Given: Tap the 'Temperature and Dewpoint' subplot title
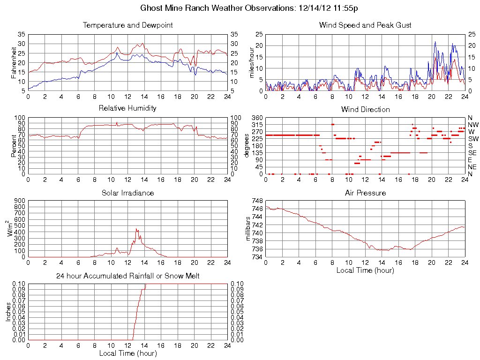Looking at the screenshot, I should tap(127, 25).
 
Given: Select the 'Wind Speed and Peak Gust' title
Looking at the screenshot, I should tap(365, 25).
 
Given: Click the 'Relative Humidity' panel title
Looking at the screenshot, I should tap(127, 108).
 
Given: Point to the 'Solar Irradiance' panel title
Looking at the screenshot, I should tap(127, 193).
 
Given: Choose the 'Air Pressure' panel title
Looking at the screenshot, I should tap(365, 193).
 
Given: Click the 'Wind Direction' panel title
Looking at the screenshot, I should tap(365, 109).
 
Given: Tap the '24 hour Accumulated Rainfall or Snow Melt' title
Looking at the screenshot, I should tap(127, 276).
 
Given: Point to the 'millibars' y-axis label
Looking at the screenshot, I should tap(249, 229).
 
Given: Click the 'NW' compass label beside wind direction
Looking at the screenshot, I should tap(472, 125).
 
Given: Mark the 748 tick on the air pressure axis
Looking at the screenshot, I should tap(257, 201).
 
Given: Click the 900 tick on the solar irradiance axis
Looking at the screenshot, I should tap(19, 201).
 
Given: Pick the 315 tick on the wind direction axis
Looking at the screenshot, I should tap(257, 125).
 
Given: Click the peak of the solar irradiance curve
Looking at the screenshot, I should tap(136, 229).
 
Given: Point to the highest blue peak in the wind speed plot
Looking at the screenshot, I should tap(435, 42).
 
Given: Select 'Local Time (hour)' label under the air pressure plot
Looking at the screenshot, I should tap(365, 270).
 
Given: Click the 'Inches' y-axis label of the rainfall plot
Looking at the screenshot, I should tap(8, 312).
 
